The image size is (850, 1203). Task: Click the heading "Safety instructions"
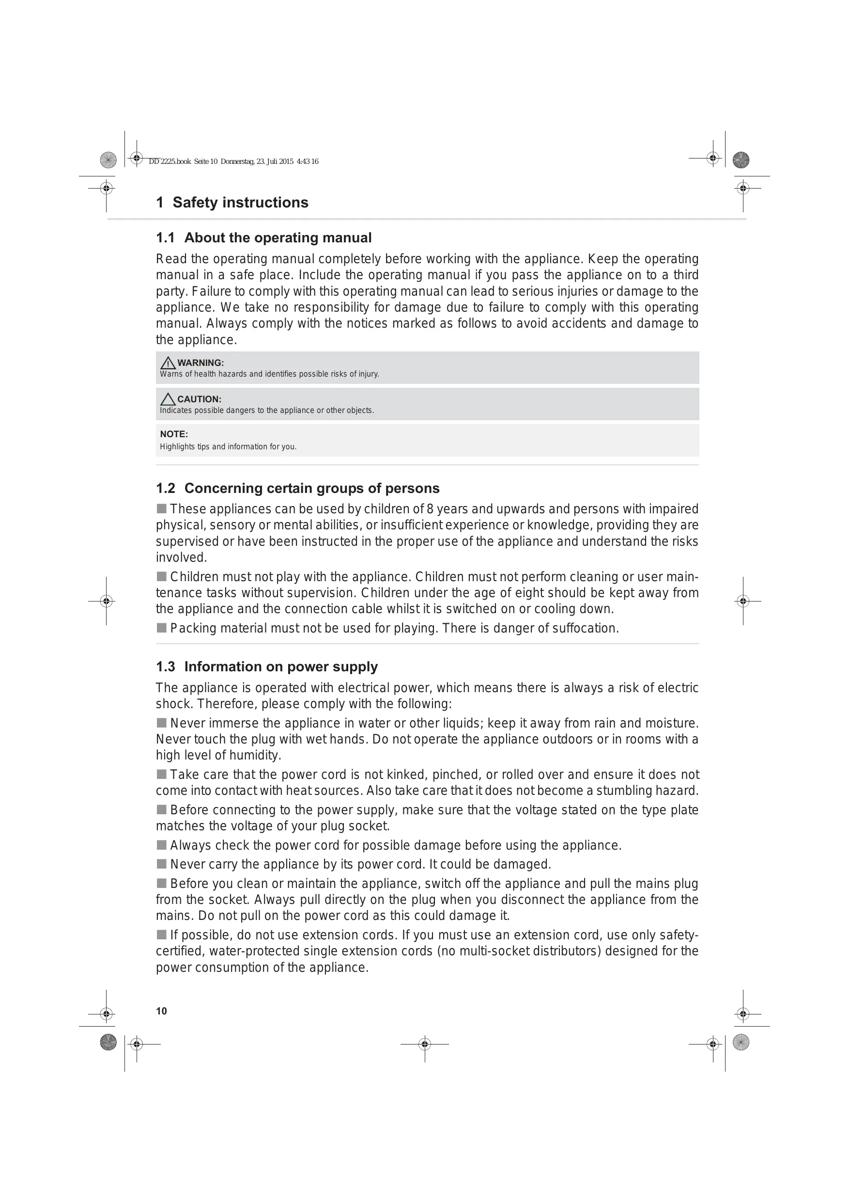coord(240,203)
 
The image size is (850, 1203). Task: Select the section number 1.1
coord(165,238)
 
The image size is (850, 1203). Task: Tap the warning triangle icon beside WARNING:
coord(168,363)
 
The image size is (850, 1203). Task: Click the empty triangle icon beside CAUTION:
coord(168,399)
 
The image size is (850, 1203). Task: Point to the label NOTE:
coord(174,434)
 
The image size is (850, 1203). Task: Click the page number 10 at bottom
coord(161,1011)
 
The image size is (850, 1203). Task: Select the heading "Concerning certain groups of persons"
coord(311,489)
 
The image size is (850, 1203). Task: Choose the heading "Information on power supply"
coord(281,667)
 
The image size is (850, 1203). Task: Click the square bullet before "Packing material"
coord(161,628)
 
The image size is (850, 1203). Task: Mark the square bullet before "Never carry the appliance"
coord(161,864)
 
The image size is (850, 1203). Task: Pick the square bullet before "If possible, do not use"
coord(161,935)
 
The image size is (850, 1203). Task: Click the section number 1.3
coord(165,667)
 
